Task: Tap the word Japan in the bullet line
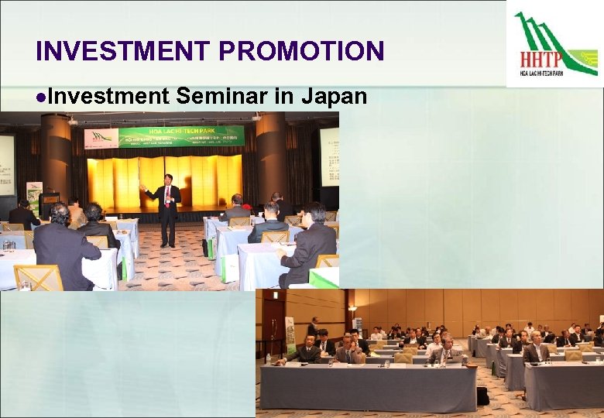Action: click(333, 96)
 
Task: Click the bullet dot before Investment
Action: click(39, 97)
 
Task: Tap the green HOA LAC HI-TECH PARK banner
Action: click(181, 136)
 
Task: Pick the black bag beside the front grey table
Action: click(482, 396)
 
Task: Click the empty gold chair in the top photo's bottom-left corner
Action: click(38, 277)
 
